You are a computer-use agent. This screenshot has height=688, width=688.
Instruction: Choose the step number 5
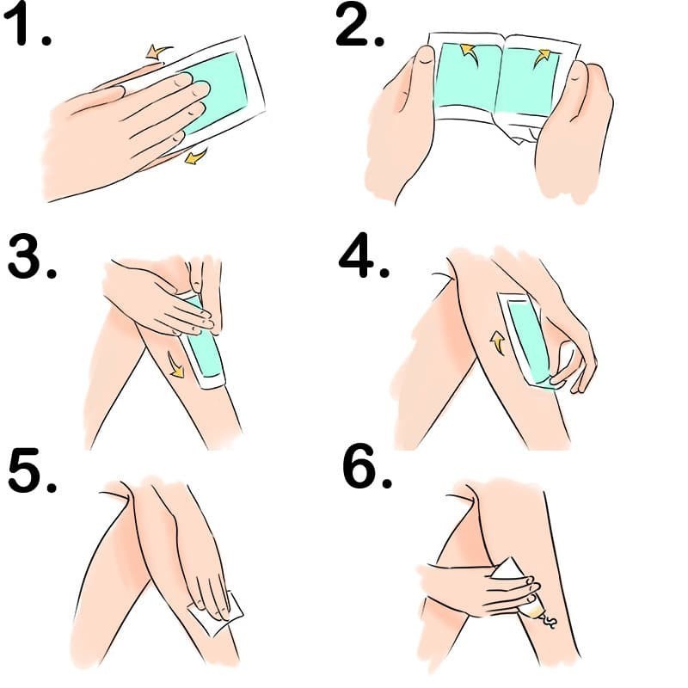pyautogui.click(x=31, y=470)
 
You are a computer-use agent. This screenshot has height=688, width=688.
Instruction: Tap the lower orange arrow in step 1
pyautogui.click(x=196, y=156)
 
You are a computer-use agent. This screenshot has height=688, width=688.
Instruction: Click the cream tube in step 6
pyautogui.click(x=525, y=585)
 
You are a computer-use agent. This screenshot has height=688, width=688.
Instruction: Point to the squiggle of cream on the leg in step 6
pyautogui.click(x=547, y=620)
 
